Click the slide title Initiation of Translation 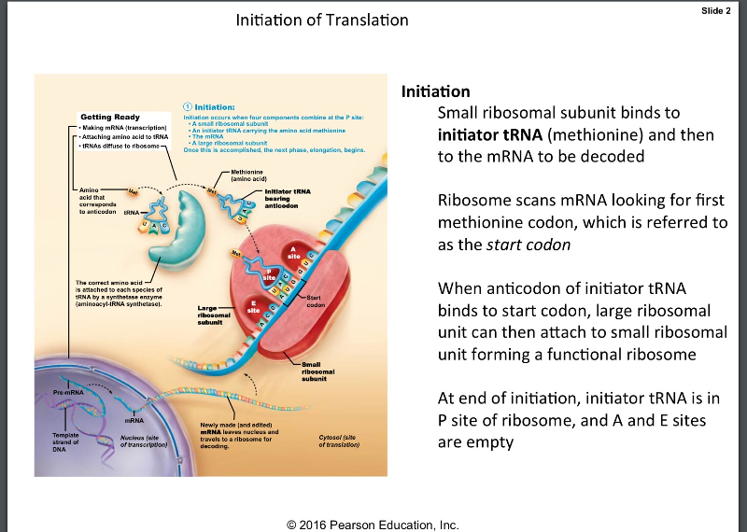(322, 20)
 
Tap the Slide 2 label (714, 10)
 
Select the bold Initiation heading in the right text (435, 91)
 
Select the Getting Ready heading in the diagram (110, 117)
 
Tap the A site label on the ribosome (293, 252)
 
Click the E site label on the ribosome (252, 305)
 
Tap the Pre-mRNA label (68, 392)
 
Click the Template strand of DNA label (68, 441)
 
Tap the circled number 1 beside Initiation (187, 107)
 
